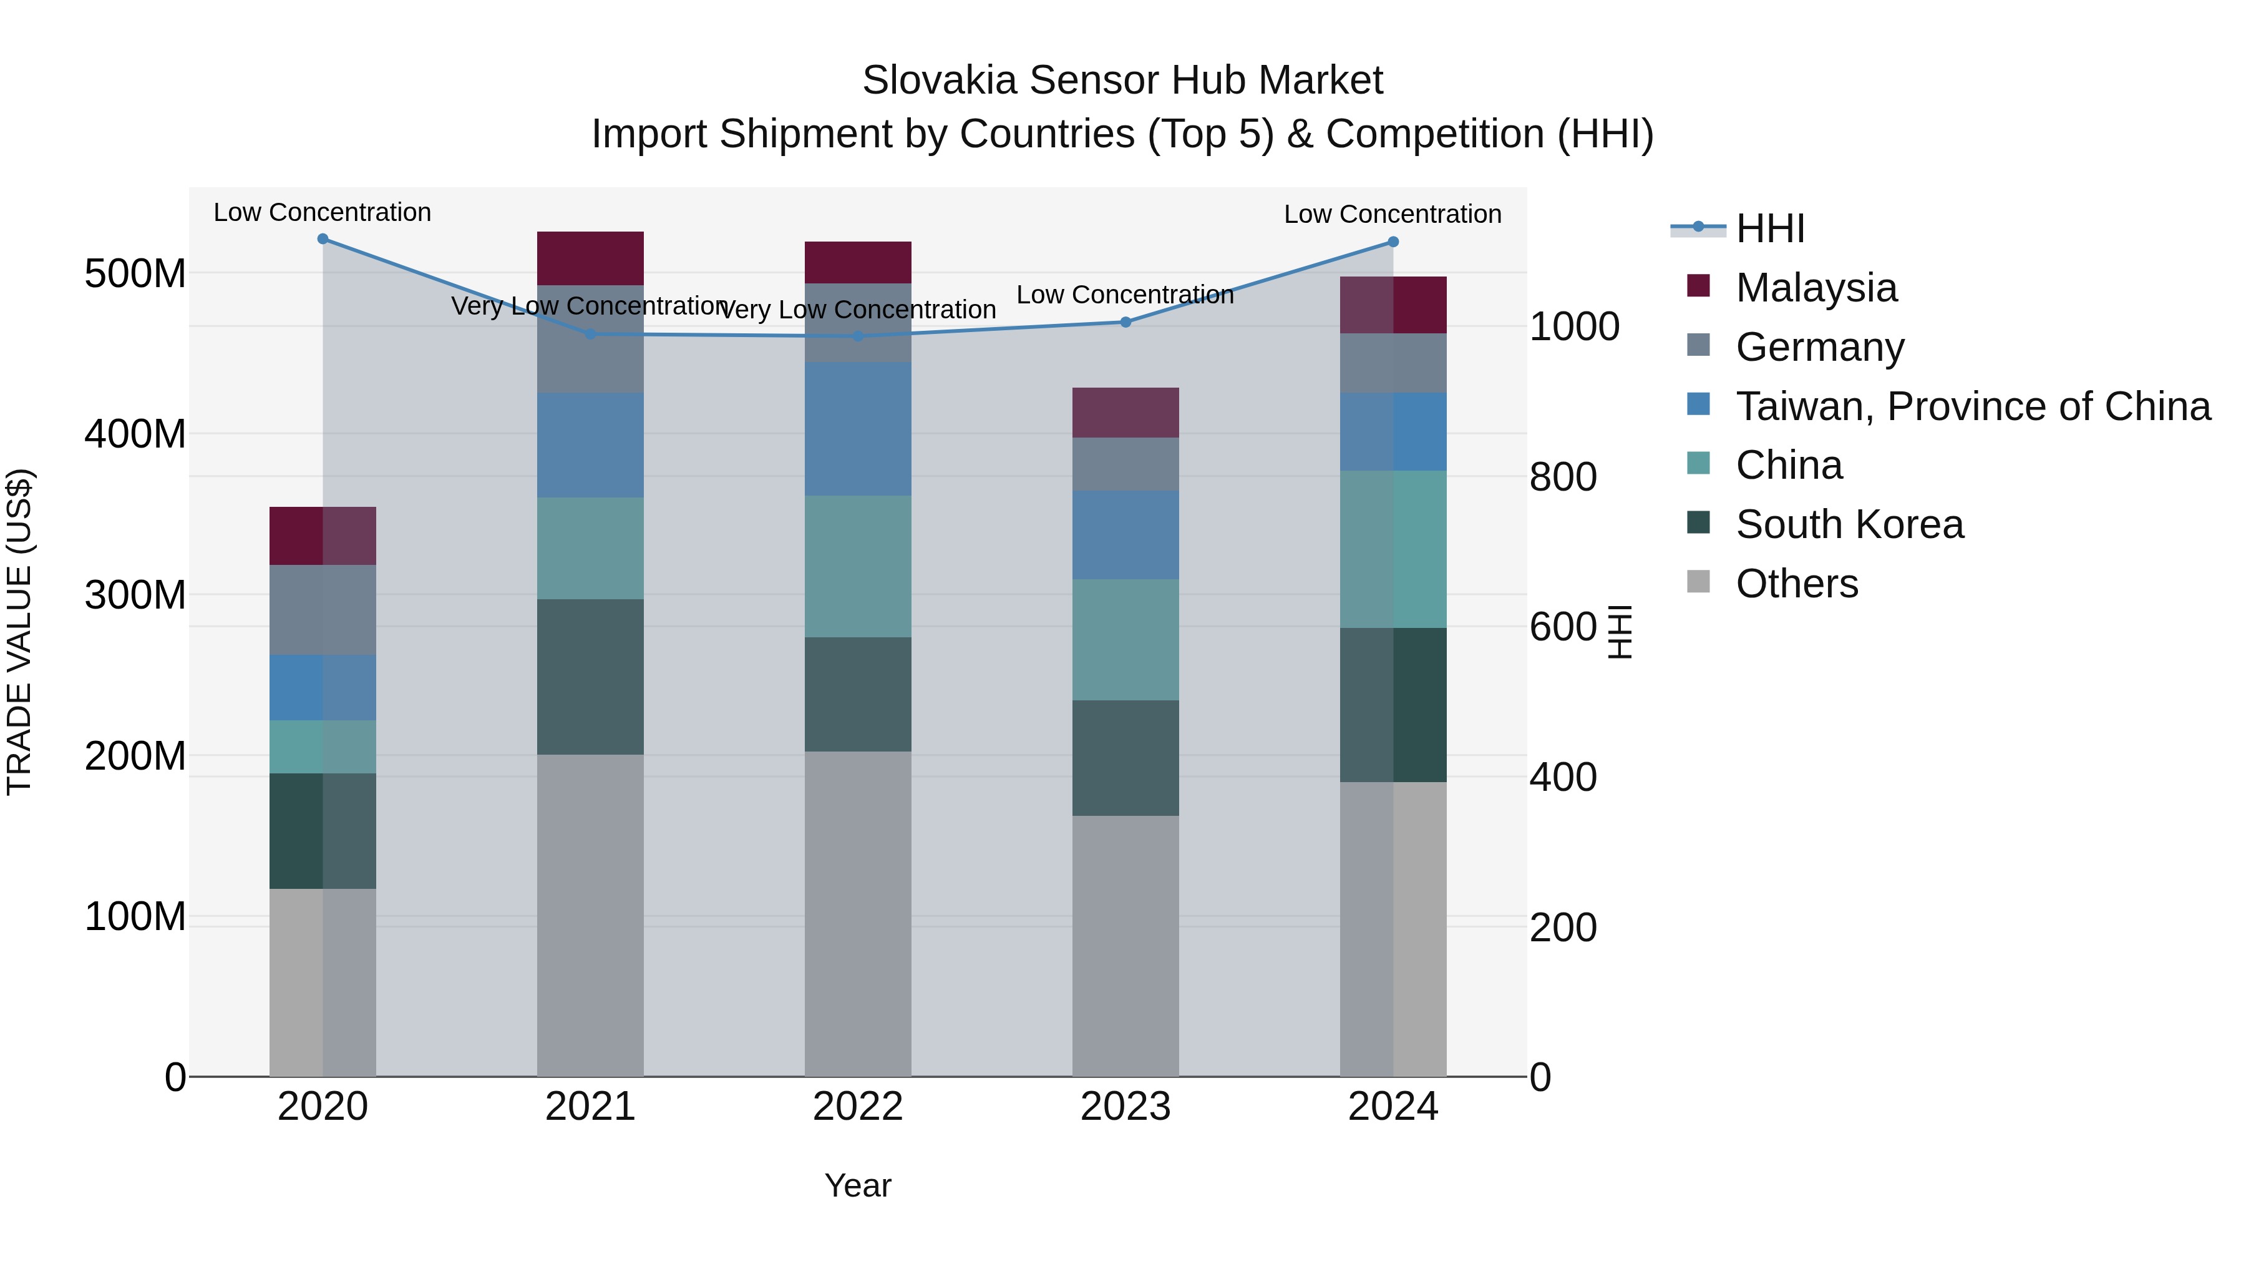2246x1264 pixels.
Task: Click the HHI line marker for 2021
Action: coord(590,334)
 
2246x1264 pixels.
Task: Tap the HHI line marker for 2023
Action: coord(1125,322)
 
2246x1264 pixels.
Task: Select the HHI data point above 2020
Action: coord(323,239)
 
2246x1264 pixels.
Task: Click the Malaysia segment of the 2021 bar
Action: coord(590,258)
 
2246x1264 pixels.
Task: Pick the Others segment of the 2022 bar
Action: coord(857,913)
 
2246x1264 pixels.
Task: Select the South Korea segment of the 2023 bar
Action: coord(1125,757)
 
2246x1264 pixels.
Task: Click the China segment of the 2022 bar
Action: coord(857,566)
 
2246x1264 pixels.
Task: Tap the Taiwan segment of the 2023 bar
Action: coord(1125,535)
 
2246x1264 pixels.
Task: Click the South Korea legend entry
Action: coord(1849,524)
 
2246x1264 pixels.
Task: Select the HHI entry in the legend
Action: coord(1769,228)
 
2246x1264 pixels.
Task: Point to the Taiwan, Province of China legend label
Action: coord(1972,406)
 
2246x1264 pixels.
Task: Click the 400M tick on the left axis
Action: coord(135,434)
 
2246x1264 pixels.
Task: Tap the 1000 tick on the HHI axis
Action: coord(1574,327)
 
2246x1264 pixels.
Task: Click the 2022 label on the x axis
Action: coord(857,1106)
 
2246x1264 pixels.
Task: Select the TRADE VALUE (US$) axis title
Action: coord(19,632)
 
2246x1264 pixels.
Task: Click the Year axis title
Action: coord(857,1185)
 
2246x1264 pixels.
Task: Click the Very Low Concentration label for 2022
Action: coord(857,310)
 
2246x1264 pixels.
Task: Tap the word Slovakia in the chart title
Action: coord(939,81)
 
